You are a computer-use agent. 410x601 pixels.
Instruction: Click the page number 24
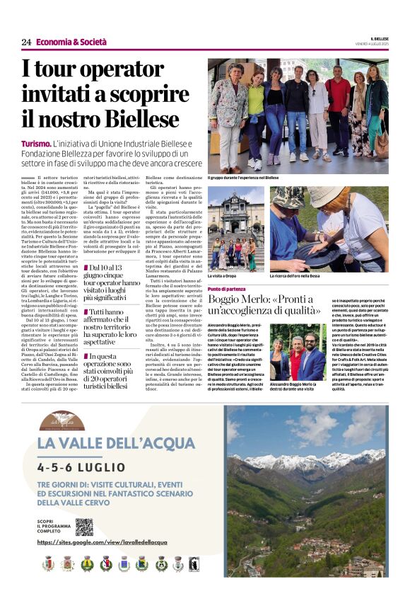(x=26, y=42)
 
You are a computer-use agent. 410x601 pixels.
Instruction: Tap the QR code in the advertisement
(x=84, y=526)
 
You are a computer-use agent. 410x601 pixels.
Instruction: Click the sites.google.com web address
(x=114, y=542)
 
